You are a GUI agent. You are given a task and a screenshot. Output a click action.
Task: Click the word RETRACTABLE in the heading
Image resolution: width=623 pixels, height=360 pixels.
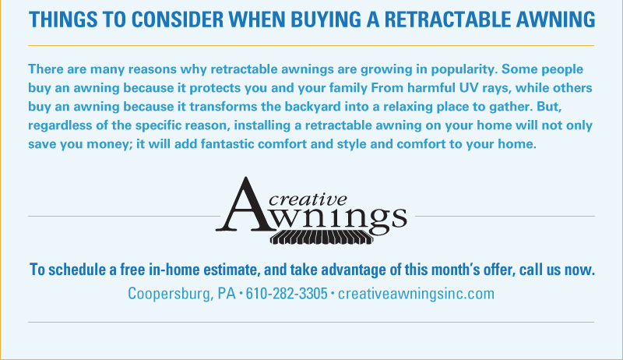click(447, 19)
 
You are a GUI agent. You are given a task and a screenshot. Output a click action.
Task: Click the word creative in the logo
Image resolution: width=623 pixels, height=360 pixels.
click(308, 199)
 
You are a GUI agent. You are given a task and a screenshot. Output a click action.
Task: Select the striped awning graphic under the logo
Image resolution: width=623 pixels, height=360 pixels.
click(322, 237)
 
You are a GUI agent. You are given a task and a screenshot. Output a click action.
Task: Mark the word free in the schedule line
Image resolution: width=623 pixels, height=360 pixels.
click(132, 270)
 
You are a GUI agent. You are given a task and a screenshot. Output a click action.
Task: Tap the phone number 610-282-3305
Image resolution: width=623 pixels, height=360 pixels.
click(287, 294)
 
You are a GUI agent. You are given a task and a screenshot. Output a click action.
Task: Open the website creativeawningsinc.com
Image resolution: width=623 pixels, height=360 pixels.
click(416, 294)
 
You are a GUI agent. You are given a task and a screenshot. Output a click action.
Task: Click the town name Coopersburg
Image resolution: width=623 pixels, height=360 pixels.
click(171, 295)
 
